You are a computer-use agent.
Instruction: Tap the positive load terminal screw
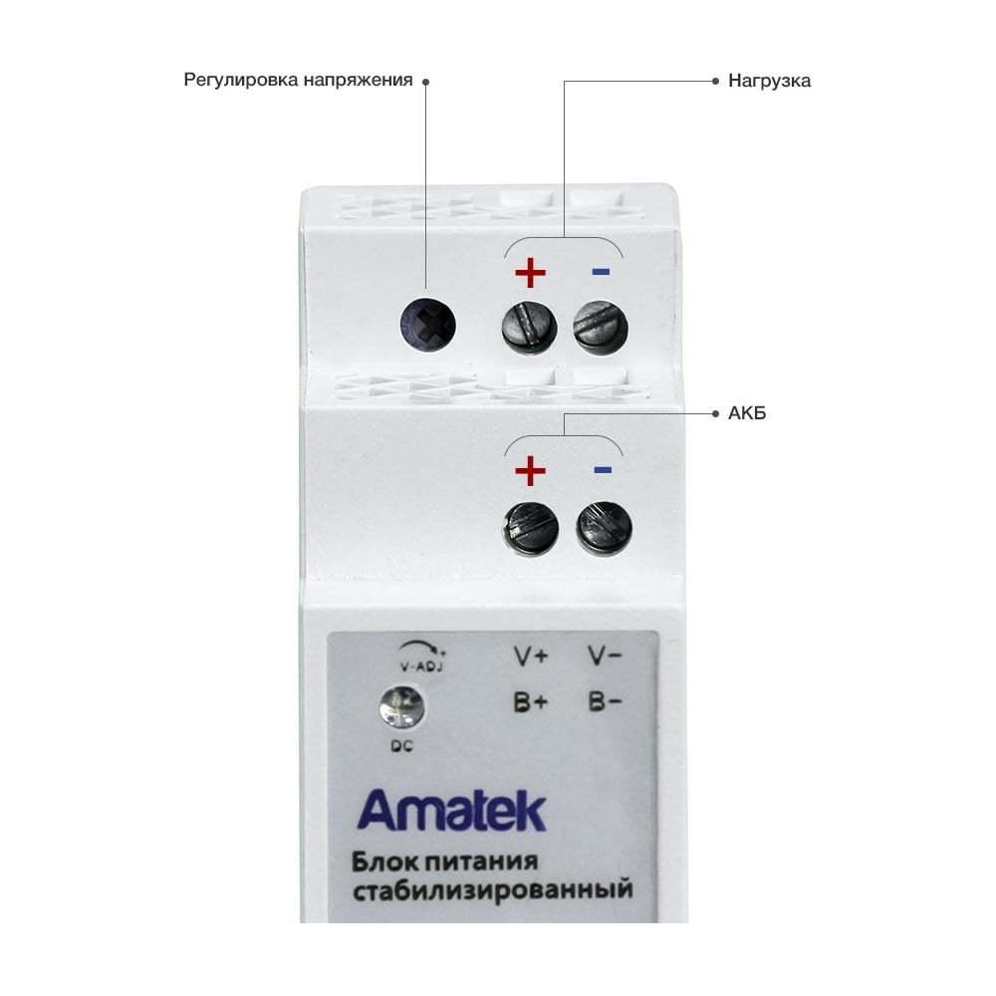point(530,327)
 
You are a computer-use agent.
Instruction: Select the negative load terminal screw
point(601,327)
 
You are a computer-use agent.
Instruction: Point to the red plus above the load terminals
point(531,273)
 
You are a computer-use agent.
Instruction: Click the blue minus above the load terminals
point(601,272)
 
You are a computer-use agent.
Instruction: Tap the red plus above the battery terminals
point(531,471)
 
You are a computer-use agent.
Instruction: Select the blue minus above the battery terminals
point(603,470)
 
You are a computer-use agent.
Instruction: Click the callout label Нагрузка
point(769,81)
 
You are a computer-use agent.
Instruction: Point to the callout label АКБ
point(747,413)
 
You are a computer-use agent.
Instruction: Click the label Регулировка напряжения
point(298,80)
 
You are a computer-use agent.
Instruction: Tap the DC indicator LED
point(401,706)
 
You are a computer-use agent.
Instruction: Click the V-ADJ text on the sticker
point(421,665)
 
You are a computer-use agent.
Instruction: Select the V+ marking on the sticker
point(531,656)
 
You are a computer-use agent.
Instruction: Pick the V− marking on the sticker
point(605,656)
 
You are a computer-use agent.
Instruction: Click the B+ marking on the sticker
point(531,702)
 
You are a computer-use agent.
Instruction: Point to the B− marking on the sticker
point(605,702)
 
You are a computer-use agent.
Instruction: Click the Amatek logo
point(451,811)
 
